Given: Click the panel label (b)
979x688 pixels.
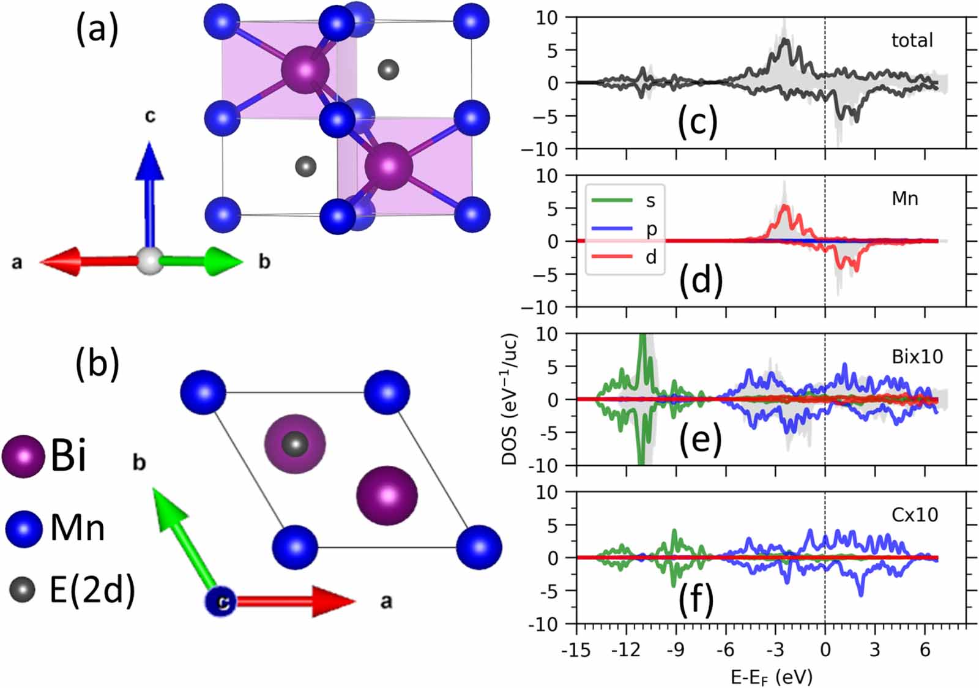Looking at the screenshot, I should (x=97, y=364).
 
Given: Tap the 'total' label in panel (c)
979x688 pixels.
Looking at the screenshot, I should (x=912, y=40).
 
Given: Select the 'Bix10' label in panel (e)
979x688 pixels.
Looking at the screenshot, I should (x=917, y=356).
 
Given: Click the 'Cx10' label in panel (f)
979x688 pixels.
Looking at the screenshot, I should (x=914, y=515).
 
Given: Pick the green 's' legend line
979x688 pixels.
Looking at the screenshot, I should (x=611, y=200).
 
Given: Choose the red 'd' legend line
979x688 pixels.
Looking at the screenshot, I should (x=611, y=256).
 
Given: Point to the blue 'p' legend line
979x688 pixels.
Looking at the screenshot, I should (x=611, y=228).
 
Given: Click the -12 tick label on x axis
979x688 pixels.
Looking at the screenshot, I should (x=625, y=650).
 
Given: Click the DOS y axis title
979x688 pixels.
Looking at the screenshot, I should (x=510, y=399).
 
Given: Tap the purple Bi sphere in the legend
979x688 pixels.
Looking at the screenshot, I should (x=23, y=457).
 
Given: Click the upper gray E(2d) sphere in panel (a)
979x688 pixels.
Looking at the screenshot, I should (x=388, y=69).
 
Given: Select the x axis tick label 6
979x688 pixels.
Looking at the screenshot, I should (x=924, y=650).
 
